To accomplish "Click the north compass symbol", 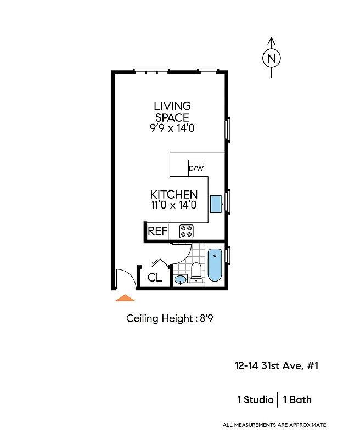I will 271,58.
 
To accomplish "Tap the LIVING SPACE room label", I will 172,111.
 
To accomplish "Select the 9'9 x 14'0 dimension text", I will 172,128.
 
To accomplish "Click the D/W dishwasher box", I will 196,168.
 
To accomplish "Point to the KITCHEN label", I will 174,195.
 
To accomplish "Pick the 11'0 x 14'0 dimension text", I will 174,205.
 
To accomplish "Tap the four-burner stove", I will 187,231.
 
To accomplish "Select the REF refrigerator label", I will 157,231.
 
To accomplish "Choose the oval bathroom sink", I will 180,280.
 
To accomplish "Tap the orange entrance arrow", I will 125,298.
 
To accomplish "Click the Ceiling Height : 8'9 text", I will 170,318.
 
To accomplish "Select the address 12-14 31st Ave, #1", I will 272,366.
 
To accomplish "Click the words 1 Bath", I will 297,399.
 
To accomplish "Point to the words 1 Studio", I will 255,399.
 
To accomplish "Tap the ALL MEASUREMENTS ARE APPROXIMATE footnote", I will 274,425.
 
